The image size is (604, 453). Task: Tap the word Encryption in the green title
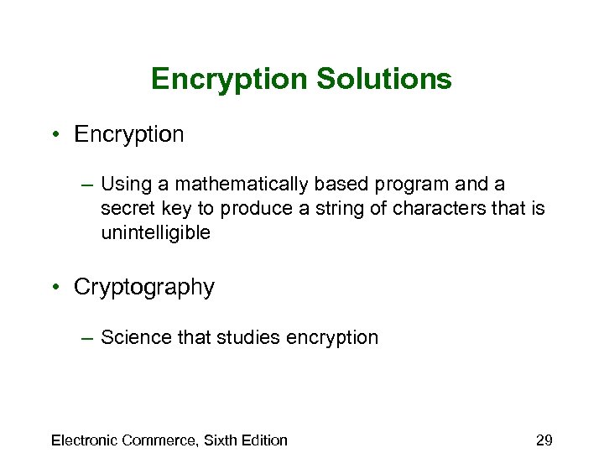(229, 80)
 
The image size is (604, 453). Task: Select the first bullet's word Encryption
(128, 134)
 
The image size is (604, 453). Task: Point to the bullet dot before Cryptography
(53, 287)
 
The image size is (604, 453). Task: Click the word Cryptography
(144, 288)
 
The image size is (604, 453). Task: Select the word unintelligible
(155, 232)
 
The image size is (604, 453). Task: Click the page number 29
(544, 440)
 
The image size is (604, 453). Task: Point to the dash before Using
(88, 184)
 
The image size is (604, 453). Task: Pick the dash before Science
(88, 337)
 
